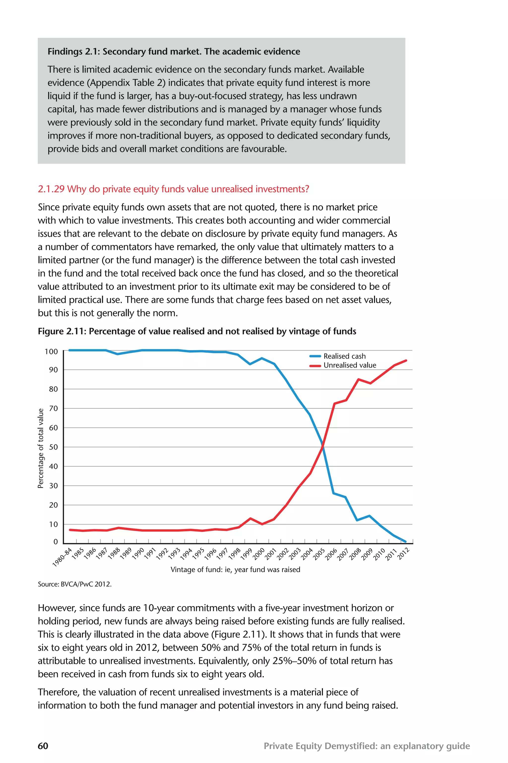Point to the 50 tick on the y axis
coord(54,447)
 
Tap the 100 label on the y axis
coord(51,352)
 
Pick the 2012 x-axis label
coord(404,553)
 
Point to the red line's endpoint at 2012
coord(406,360)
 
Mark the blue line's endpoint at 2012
coord(405,541)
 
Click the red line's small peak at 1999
coord(250,518)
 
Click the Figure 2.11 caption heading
coord(197,331)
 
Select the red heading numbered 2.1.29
coord(173,189)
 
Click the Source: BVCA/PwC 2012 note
coord(74,584)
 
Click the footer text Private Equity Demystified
coord(366,746)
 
